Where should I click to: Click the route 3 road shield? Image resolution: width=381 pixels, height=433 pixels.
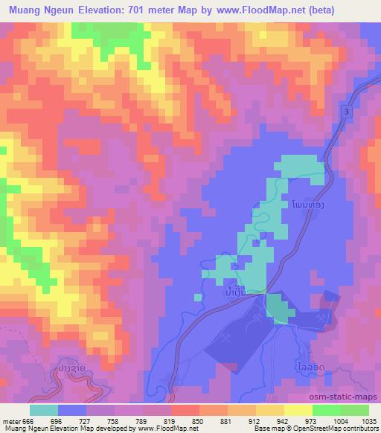click(347, 111)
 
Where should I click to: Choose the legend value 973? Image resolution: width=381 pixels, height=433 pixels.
click(284, 420)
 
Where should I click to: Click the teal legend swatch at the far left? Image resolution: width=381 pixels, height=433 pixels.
click(44, 410)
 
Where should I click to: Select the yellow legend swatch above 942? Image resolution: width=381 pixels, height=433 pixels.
click(270, 410)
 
